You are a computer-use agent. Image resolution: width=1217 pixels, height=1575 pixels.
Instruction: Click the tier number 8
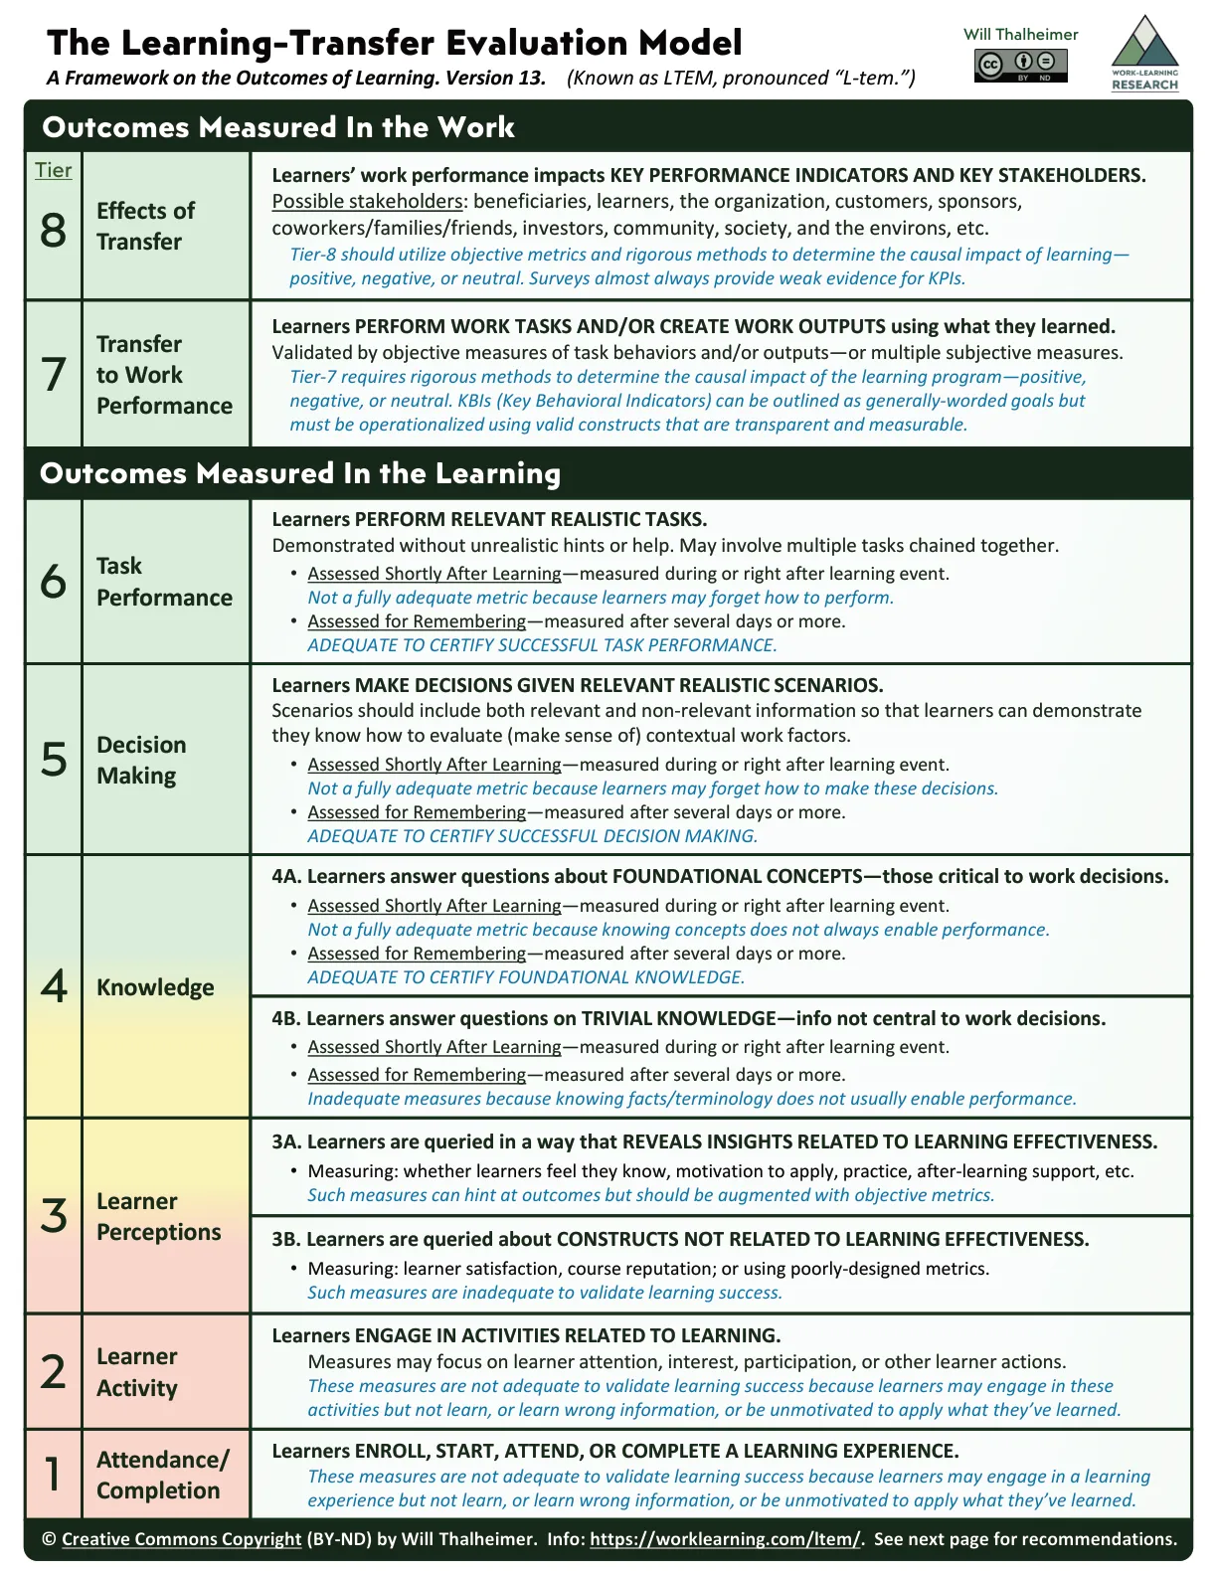pos(54,231)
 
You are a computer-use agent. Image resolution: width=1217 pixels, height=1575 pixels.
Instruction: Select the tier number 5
pos(54,760)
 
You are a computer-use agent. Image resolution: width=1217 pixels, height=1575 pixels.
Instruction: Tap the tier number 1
pos(54,1474)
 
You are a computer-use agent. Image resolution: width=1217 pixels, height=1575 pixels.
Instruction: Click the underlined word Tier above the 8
pos(54,170)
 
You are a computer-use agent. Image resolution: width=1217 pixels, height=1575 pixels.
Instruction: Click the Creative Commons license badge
pos(1020,66)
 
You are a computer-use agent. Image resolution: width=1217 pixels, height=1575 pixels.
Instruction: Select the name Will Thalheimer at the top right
pos(1020,34)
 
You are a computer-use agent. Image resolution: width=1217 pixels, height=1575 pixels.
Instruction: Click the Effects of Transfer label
pos(145,226)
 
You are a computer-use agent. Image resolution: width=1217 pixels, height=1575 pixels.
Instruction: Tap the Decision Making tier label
pos(141,760)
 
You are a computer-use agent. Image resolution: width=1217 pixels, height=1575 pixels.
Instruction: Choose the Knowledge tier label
pos(155,987)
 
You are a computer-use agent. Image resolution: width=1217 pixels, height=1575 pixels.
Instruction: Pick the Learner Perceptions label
pos(158,1216)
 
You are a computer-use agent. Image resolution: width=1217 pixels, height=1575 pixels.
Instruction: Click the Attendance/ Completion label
pos(162,1475)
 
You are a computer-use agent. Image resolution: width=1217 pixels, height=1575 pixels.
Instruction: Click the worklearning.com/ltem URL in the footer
pos(725,1538)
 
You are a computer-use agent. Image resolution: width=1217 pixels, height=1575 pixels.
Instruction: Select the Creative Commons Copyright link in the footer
pos(181,1538)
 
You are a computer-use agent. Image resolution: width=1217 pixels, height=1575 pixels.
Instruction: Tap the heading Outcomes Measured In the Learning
pos(299,473)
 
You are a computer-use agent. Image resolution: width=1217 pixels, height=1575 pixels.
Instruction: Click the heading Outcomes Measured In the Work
pos(278,127)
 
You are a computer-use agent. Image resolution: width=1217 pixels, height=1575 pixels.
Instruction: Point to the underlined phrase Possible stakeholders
pos(367,202)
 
